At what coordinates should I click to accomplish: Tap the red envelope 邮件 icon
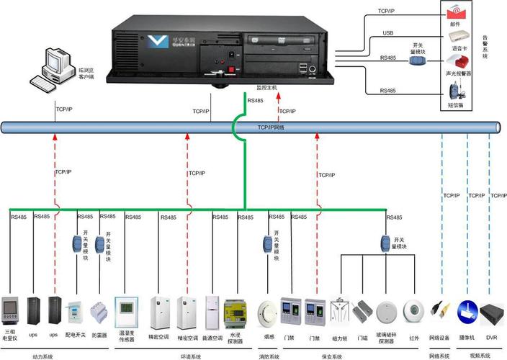tap(454, 12)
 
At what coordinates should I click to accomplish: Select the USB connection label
tap(387, 32)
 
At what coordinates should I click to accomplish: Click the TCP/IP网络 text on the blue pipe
tap(272, 127)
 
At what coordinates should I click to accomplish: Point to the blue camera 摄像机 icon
tap(468, 312)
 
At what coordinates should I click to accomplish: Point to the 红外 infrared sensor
tap(413, 312)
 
